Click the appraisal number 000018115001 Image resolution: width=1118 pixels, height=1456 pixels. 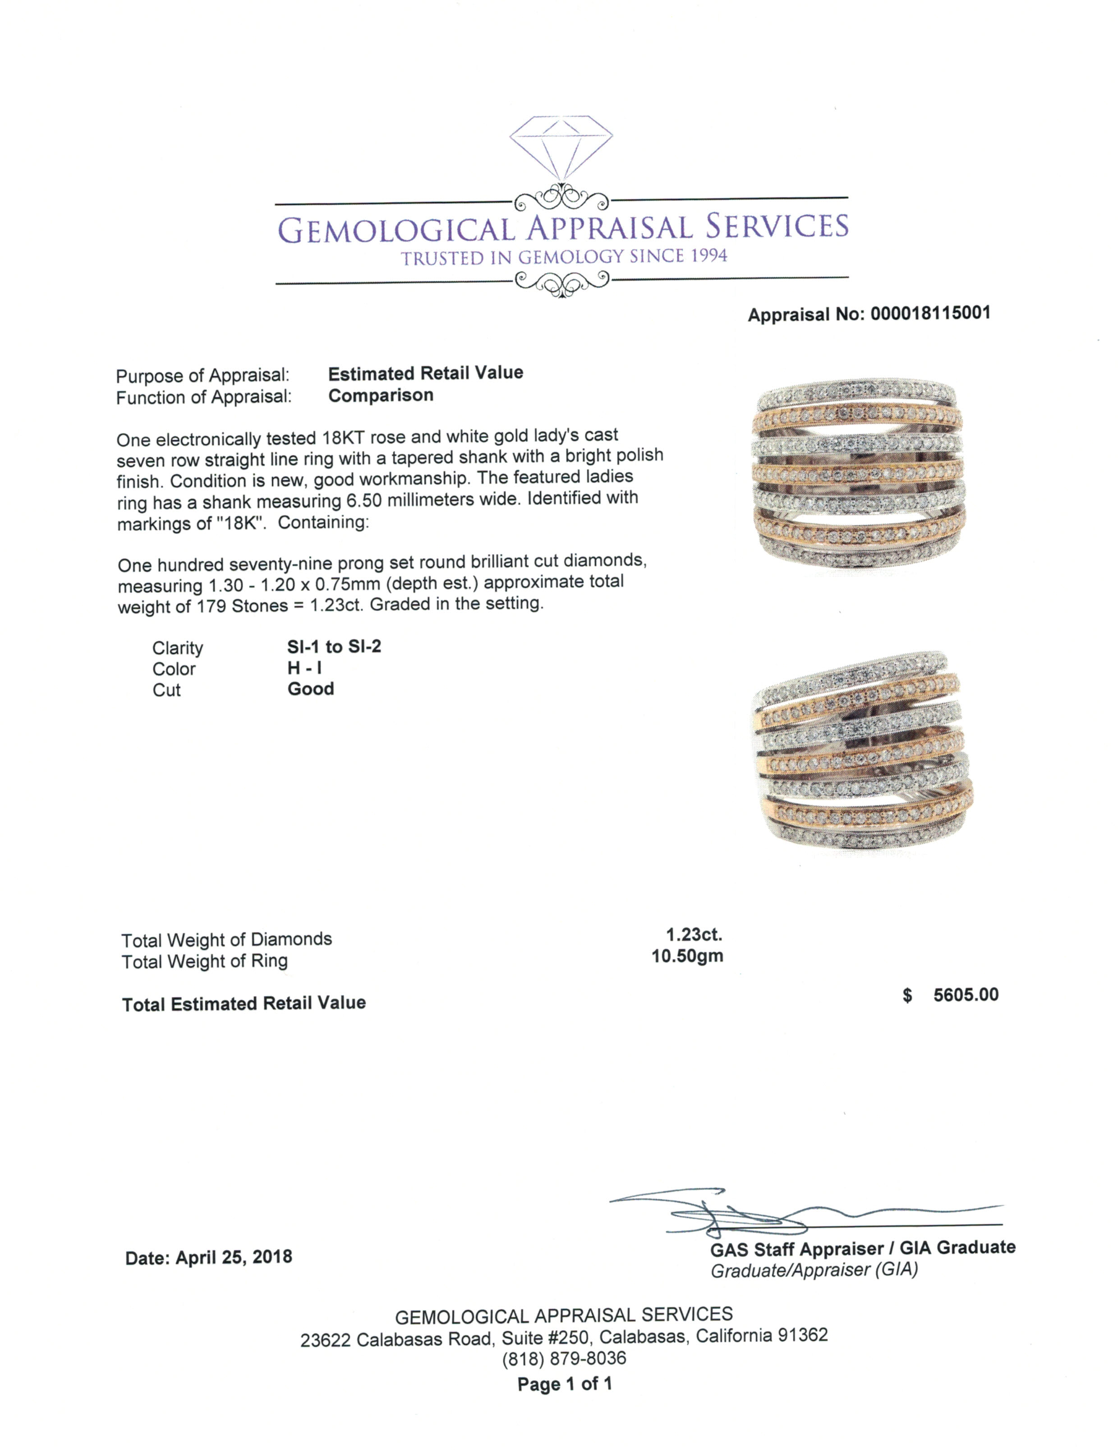(x=929, y=313)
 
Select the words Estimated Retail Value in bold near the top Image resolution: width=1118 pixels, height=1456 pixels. (x=425, y=373)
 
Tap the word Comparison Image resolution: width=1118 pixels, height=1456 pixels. (x=381, y=396)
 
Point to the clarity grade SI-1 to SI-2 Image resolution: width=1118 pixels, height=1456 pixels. (x=334, y=647)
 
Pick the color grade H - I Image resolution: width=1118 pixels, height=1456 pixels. (x=304, y=668)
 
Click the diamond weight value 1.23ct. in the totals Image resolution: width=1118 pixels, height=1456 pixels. (x=694, y=935)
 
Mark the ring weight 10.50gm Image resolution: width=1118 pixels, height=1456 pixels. (x=687, y=956)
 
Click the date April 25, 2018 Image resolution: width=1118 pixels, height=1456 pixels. (x=234, y=1257)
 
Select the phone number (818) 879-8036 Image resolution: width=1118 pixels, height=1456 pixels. (x=564, y=1358)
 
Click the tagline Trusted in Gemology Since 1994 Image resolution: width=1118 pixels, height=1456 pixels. (x=564, y=257)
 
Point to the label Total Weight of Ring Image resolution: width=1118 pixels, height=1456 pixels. (x=205, y=961)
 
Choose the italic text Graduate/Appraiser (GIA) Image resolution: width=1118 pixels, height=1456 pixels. (x=814, y=1270)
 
